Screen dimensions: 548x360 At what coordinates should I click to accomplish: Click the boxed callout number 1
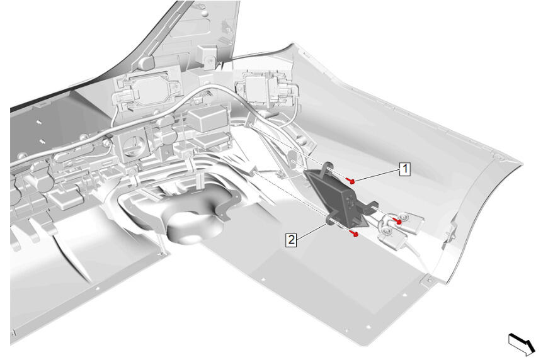pyautogui.click(x=405, y=169)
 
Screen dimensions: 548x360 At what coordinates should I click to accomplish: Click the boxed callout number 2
pyautogui.click(x=291, y=240)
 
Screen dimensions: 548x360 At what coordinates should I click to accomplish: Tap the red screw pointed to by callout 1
pyautogui.click(x=352, y=181)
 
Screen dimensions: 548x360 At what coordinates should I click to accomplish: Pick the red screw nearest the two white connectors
pyautogui.click(x=397, y=221)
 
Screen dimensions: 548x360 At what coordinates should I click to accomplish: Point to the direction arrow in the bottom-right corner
pyautogui.click(x=522, y=343)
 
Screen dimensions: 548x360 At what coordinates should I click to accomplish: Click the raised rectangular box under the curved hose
pyautogui.click(x=208, y=119)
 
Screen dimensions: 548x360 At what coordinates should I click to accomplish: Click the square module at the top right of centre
pyautogui.click(x=260, y=86)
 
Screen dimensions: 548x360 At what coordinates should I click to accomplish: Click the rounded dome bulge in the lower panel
pyautogui.click(x=193, y=225)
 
